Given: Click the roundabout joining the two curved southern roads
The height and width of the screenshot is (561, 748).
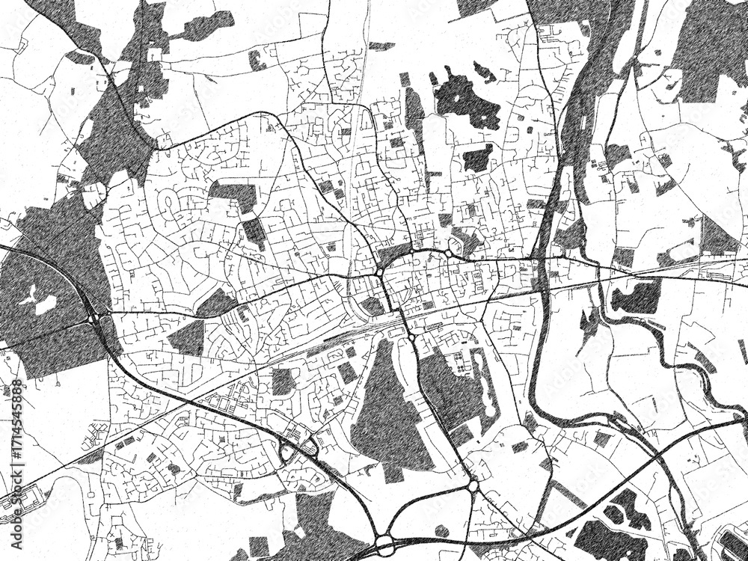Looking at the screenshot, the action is [473, 486].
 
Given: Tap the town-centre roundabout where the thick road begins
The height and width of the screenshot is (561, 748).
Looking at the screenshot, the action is [380, 273].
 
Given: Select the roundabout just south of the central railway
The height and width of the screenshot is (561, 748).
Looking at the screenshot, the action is [411, 338].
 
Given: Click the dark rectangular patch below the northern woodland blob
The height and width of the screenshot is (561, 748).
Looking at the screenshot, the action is [476, 158].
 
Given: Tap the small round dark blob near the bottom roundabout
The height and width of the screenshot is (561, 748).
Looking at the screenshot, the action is [442, 530].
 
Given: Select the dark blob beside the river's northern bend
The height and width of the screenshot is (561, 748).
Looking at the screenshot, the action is [636, 298].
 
